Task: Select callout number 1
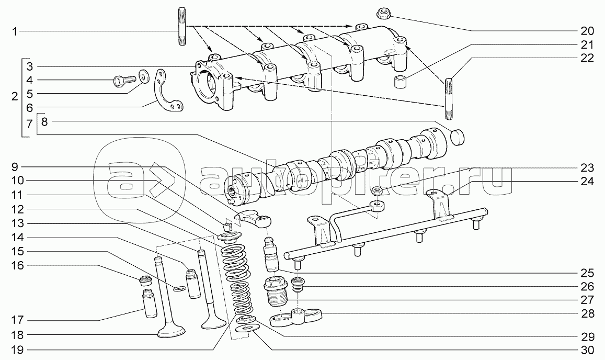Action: pyautogui.click(x=15, y=32)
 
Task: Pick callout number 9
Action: pyautogui.click(x=15, y=167)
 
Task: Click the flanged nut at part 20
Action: pyautogui.click(x=381, y=13)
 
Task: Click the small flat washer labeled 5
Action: pyautogui.click(x=143, y=76)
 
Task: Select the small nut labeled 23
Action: pyautogui.click(x=377, y=189)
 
